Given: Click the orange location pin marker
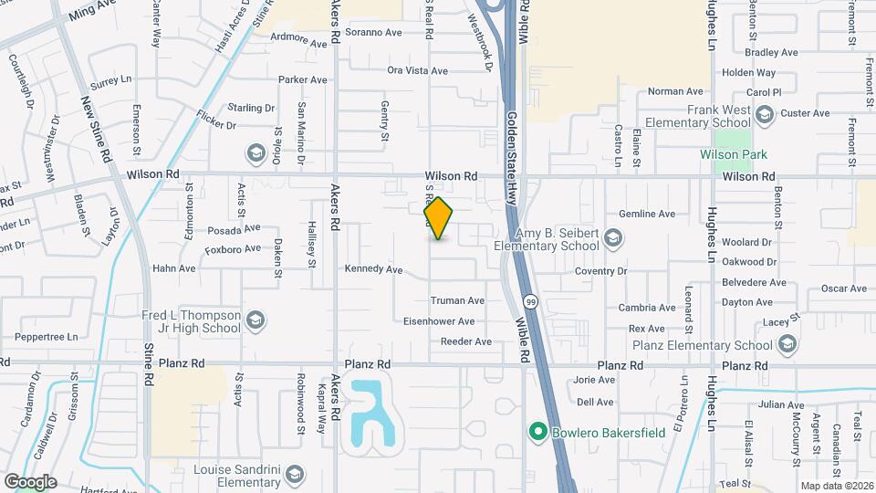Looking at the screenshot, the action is coord(438,218).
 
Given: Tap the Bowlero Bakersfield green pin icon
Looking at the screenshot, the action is coord(538,431).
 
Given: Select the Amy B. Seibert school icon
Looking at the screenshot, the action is coord(613,239).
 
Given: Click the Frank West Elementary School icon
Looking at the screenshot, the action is coord(764,114).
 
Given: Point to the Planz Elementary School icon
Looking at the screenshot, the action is coord(787,345).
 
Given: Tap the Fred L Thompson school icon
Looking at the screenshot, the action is coord(255,320).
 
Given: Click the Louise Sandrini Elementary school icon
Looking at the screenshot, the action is coord(294,475).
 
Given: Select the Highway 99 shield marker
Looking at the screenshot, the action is coord(529,300).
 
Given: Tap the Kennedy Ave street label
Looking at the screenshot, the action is coord(373,269).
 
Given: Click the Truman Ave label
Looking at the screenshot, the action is coord(456,300).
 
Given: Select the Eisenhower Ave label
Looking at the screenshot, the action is coord(441,321).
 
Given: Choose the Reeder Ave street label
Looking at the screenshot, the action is coord(465,341).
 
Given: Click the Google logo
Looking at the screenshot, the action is coord(30,482).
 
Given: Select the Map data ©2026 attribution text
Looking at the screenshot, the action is coord(835,486).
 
